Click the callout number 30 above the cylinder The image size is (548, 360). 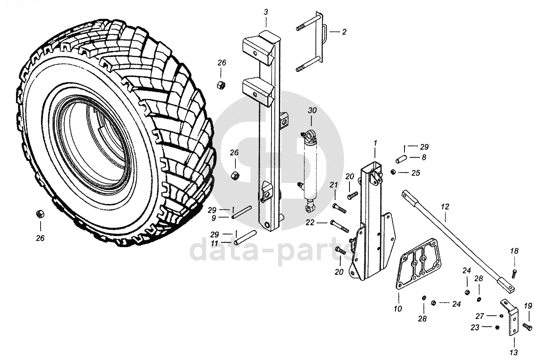[x=312, y=111]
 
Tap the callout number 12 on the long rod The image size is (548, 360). [x=445, y=207]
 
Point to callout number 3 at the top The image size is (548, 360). [x=266, y=12]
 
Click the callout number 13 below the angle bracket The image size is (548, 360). [x=514, y=352]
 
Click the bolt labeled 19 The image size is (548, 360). [x=527, y=326]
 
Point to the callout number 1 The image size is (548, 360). [x=375, y=143]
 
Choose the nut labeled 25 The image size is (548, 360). [x=393, y=172]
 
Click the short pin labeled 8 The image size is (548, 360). [x=401, y=158]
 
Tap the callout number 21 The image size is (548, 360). [x=334, y=185]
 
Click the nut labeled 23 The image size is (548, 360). [x=496, y=327]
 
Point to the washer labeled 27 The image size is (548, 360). [x=501, y=316]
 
